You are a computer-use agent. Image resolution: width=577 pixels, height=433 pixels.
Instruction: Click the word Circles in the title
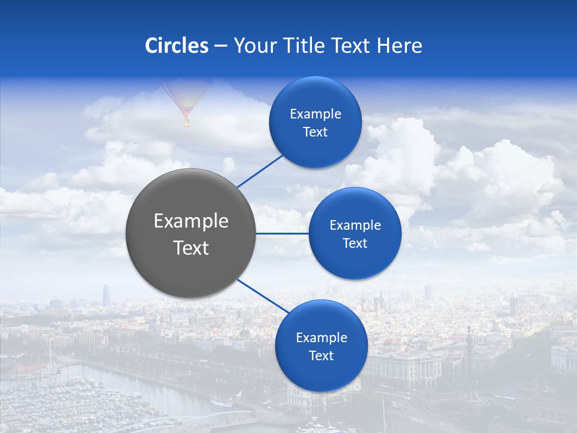(177, 46)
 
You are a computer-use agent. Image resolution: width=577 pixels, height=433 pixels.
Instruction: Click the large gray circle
(191, 233)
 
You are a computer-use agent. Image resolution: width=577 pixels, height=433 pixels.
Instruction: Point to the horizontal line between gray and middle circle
(282, 233)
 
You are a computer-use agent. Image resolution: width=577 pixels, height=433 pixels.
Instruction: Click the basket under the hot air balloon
(186, 123)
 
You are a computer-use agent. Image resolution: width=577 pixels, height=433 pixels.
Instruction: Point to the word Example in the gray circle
(191, 221)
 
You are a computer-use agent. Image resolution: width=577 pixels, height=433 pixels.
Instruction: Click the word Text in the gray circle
(191, 248)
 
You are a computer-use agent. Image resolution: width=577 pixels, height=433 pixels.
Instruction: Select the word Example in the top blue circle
(316, 114)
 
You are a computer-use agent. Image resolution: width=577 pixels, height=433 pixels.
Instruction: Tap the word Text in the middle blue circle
(355, 243)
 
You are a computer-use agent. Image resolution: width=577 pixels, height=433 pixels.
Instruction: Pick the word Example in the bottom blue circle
(322, 337)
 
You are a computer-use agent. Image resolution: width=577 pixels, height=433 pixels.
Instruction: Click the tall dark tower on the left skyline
(105, 295)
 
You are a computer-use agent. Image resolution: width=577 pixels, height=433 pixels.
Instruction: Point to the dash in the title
(221, 46)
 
